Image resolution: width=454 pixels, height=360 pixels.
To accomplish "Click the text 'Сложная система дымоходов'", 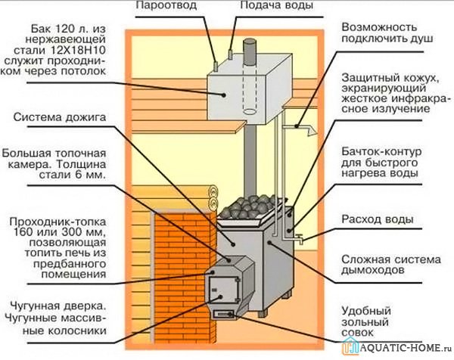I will [x=378, y=262].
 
